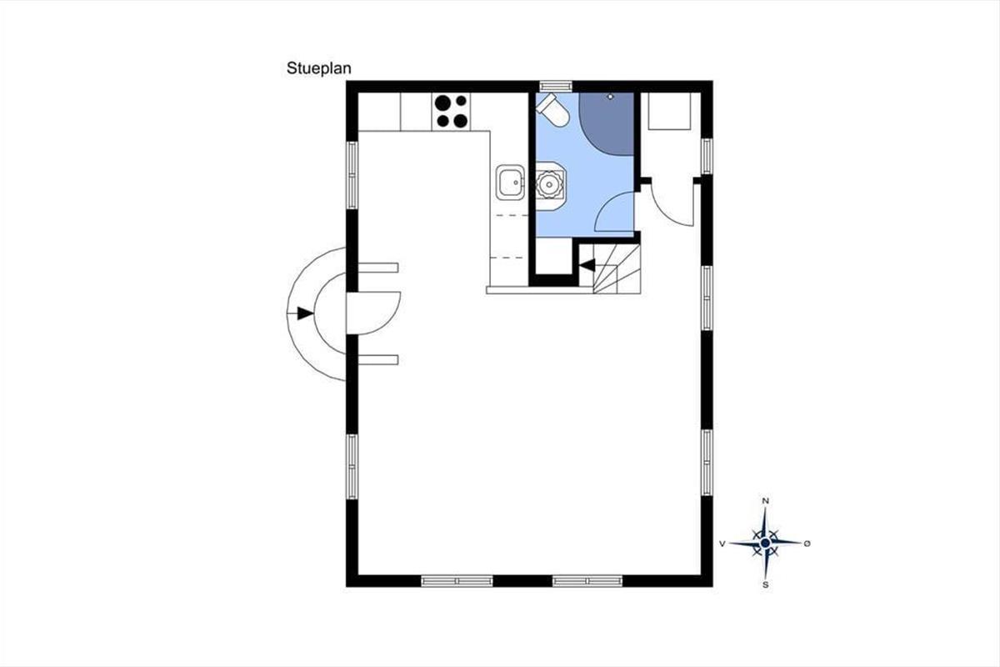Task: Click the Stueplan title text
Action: click(x=318, y=68)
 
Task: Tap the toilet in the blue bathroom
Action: click(x=553, y=110)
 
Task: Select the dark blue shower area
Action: click(x=607, y=123)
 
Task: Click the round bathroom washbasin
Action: click(x=549, y=184)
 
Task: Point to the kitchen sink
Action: click(x=510, y=182)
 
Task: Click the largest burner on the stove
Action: click(x=442, y=103)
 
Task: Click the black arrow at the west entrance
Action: click(x=305, y=313)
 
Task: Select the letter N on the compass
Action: click(x=765, y=501)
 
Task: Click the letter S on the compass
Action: click(x=766, y=584)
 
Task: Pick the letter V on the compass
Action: click(x=722, y=544)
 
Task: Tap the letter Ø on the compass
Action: click(x=807, y=544)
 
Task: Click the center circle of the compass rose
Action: click(x=765, y=544)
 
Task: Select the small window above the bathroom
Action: click(x=555, y=86)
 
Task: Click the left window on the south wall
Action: click(x=457, y=581)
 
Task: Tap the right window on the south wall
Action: click(x=587, y=581)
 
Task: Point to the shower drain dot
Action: click(x=611, y=97)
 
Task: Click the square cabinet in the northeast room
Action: click(x=669, y=111)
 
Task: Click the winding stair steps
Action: click(x=617, y=268)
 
